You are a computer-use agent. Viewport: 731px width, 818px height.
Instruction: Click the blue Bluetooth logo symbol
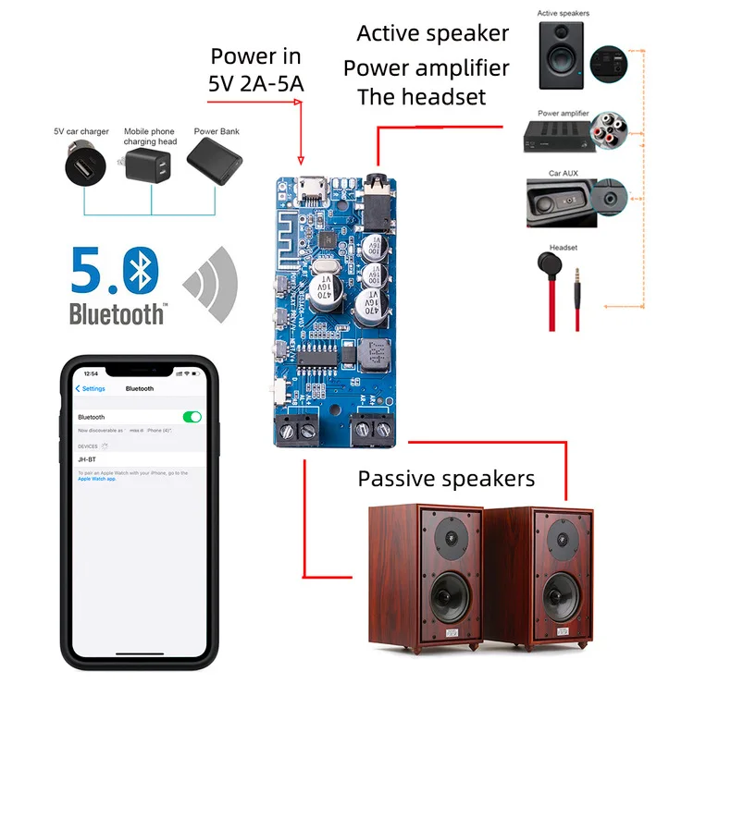coord(142,269)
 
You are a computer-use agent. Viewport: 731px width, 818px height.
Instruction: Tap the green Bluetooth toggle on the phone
coord(192,417)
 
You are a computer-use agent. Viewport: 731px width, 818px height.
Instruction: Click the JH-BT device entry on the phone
coord(88,458)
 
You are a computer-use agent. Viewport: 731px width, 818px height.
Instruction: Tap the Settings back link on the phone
coord(92,389)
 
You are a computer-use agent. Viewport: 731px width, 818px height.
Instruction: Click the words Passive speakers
coord(446,479)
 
